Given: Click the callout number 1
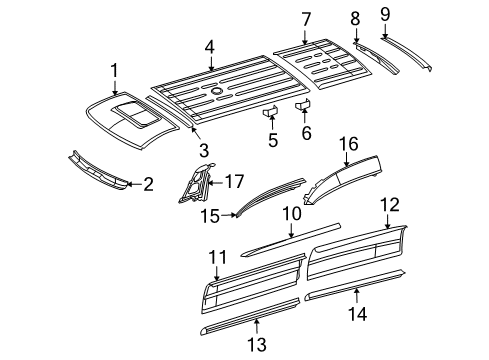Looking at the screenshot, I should [x=114, y=70].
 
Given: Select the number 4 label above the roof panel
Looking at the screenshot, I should [x=210, y=46].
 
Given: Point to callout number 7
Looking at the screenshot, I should [x=306, y=18].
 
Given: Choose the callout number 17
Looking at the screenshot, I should [x=234, y=181].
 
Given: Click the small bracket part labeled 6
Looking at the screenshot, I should [x=305, y=105].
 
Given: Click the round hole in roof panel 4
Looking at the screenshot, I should [x=217, y=90].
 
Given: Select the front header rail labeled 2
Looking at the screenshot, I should [x=100, y=169].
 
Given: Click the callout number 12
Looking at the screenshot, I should [x=388, y=233].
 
